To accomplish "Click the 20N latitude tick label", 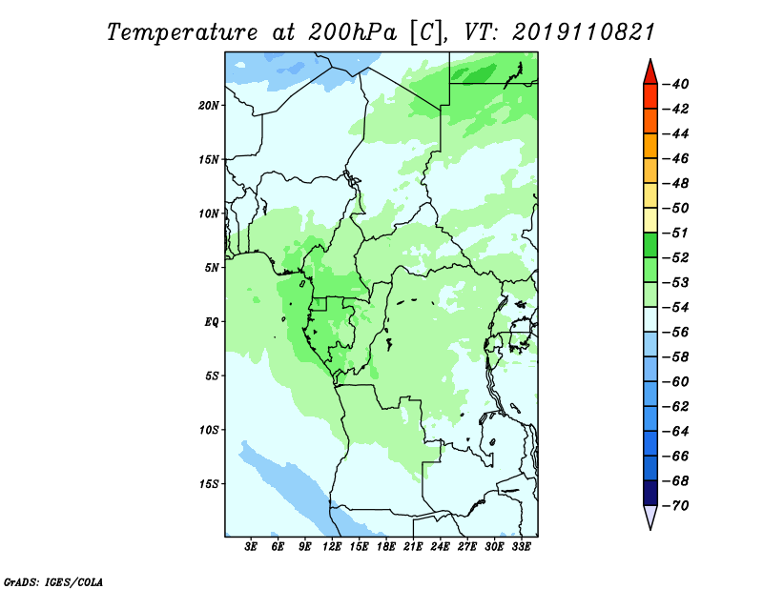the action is click(209, 106).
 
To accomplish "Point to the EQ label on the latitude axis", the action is click(212, 322).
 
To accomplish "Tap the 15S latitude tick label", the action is click(209, 484).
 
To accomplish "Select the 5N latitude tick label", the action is click(212, 268).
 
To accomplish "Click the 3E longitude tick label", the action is click(251, 547).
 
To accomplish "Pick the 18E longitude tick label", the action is click(386, 547).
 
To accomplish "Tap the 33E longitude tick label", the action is click(521, 547).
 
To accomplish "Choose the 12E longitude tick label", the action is click(332, 547).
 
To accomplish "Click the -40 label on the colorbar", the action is click(675, 84).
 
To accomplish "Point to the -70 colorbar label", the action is click(675, 506).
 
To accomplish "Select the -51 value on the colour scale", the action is click(675, 233).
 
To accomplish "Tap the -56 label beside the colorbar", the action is click(675, 333).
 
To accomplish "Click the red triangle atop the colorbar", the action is click(650, 73).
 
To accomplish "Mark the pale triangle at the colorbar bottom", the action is click(650, 516).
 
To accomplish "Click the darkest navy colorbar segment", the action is click(650, 493).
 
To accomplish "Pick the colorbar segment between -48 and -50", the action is click(650, 195).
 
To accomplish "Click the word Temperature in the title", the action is click(182, 32).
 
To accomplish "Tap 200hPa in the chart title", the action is click(353, 32).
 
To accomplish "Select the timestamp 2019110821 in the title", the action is click(584, 32).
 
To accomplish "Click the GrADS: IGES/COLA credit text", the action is click(53, 582).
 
